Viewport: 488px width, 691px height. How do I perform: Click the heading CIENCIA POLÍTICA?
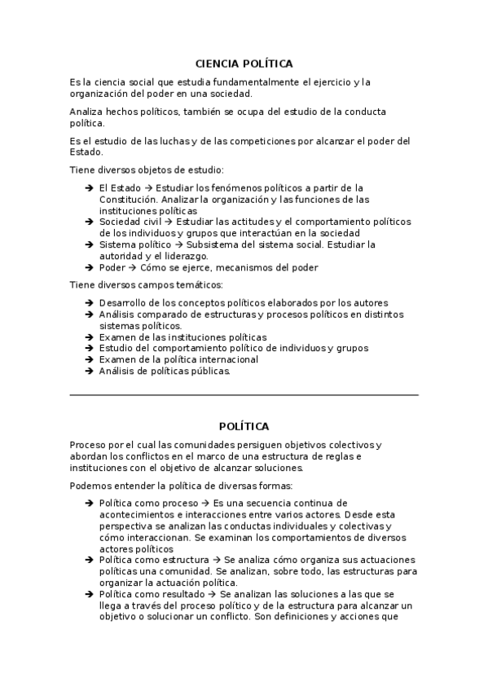pyautogui.click(x=244, y=64)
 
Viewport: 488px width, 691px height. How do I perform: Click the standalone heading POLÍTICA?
pyautogui.click(x=244, y=426)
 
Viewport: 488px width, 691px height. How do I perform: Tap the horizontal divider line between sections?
pyautogui.click(x=244, y=395)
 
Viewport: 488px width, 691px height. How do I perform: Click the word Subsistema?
pyautogui.click(x=213, y=244)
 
